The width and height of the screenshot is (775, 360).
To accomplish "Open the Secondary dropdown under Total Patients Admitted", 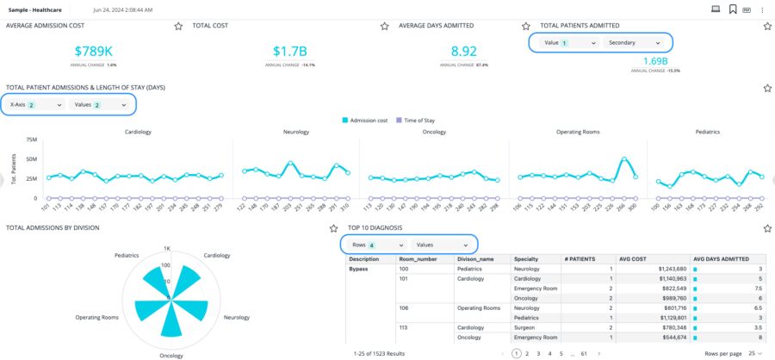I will tap(635, 42).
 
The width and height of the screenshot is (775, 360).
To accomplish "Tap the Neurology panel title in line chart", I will tap(296, 132).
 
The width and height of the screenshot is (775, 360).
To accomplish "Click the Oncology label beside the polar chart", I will tap(170, 355).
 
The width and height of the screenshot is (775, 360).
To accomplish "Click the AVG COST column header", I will tap(633, 258).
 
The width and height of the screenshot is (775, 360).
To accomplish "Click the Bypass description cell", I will tap(359, 269).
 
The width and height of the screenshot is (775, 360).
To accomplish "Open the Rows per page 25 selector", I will tap(756, 353).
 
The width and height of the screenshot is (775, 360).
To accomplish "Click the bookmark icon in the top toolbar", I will tap(732, 9).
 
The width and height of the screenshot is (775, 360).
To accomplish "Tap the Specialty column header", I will tap(526, 258).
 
